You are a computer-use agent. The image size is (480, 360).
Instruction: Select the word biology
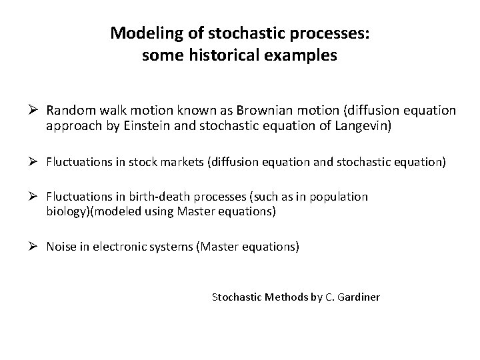(66, 211)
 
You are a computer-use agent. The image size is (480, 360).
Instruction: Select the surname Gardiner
(358, 297)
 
